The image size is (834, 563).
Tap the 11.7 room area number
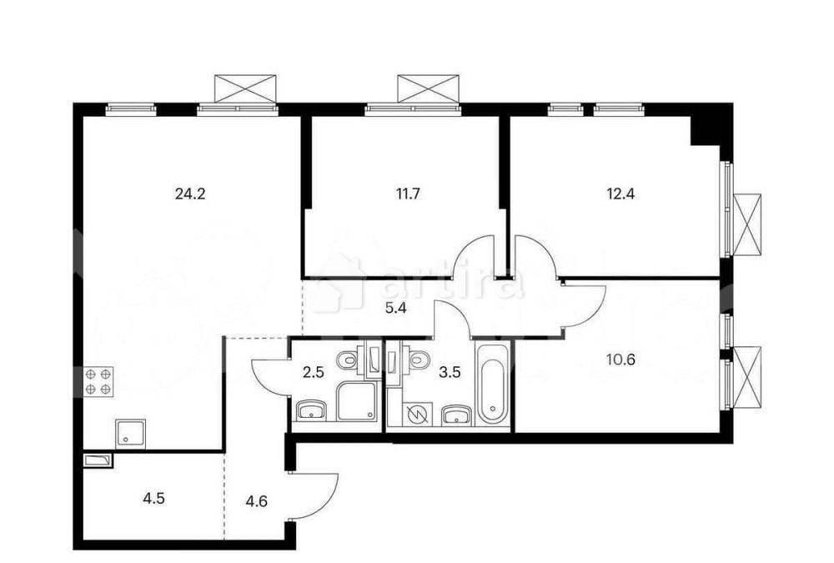407,194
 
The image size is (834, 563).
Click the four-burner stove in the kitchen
98,381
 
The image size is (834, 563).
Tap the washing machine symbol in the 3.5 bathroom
414,413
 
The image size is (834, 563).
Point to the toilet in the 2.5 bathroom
347,360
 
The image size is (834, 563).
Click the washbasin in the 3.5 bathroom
455,414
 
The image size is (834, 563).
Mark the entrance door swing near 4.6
315,497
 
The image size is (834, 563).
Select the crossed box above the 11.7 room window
428,88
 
